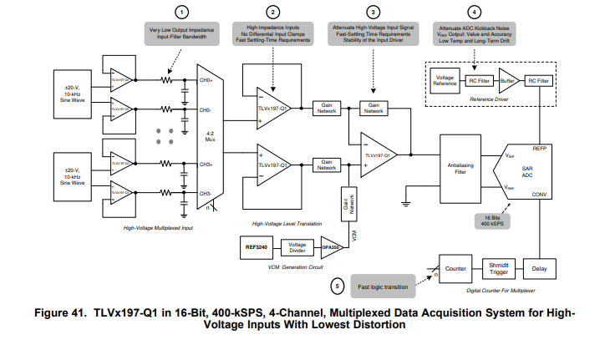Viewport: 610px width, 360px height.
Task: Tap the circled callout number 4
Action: pyautogui.click(x=475, y=12)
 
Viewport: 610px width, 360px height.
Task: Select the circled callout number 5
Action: pyautogui.click(x=337, y=286)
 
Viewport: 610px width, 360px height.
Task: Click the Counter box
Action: pyautogui.click(x=455, y=269)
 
